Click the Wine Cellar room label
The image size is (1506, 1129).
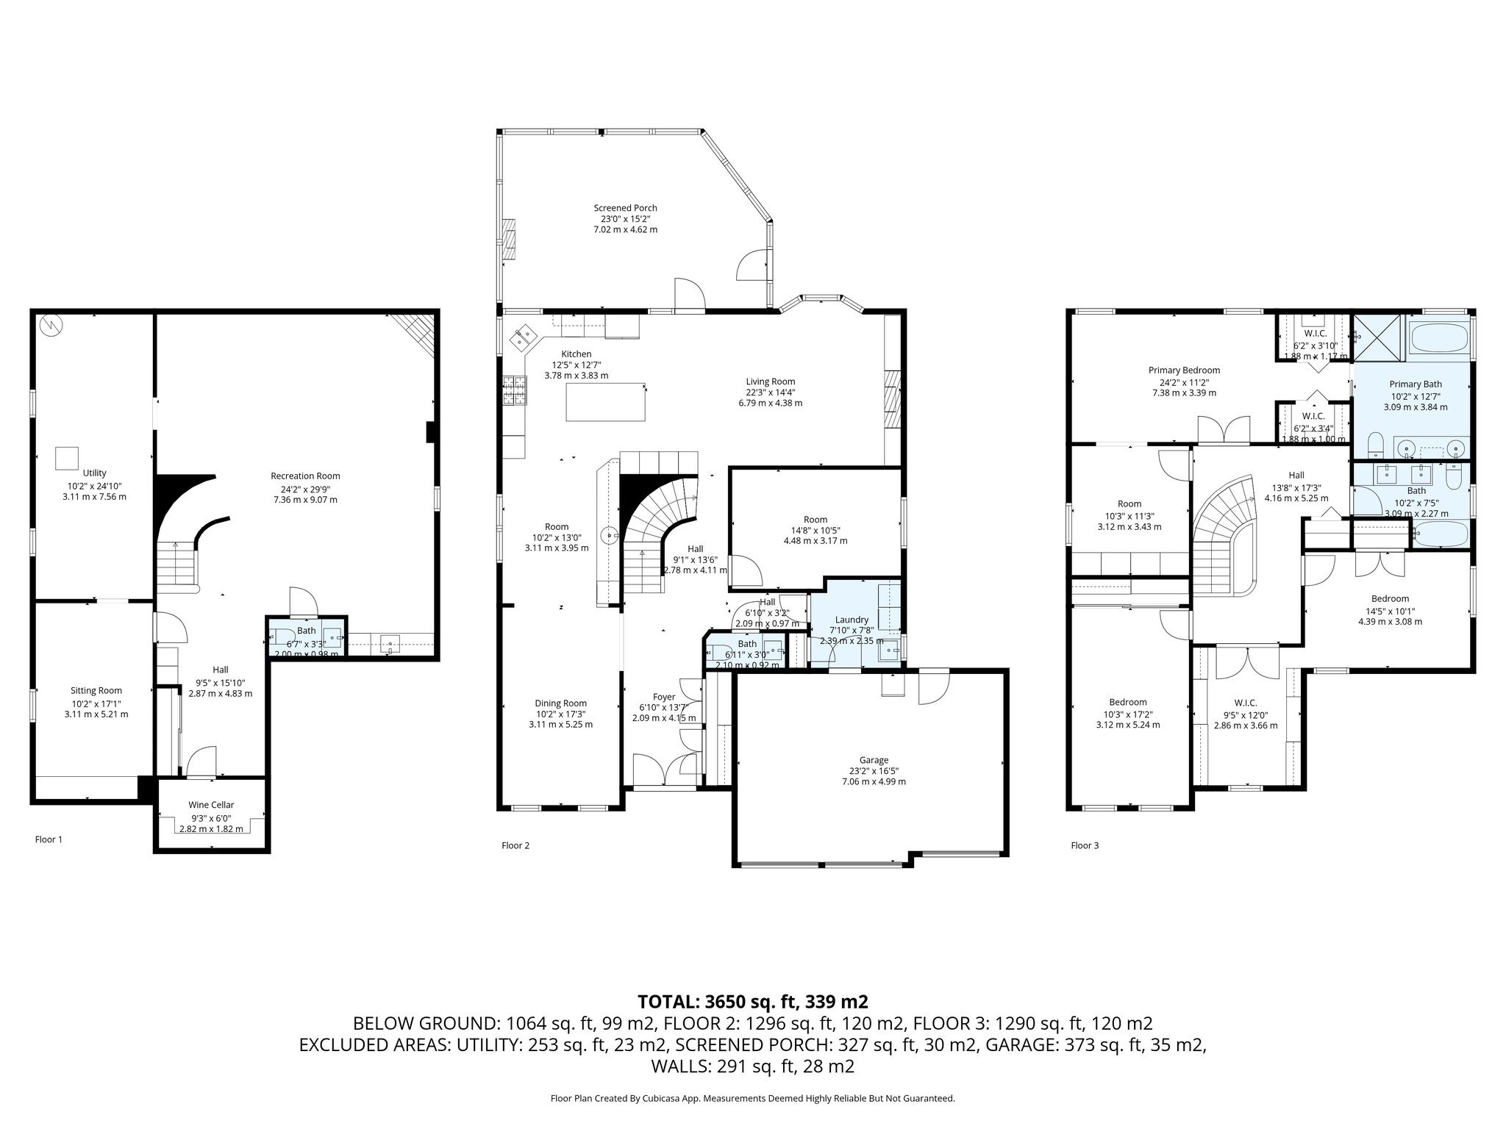(x=211, y=805)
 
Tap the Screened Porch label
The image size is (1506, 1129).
(x=625, y=208)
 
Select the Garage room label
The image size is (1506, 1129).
(x=874, y=760)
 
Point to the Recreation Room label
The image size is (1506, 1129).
(x=305, y=476)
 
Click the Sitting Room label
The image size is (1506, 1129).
(x=96, y=690)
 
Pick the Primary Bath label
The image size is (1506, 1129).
(x=1416, y=384)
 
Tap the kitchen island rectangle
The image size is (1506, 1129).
(x=606, y=402)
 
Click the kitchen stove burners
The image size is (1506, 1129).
(x=515, y=390)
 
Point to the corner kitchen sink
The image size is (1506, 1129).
(x=525, y=337)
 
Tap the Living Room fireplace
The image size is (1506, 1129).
(x=893, y=399)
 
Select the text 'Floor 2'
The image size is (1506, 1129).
(x=515, y=845)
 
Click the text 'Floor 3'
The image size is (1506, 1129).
(x=1085, y=845)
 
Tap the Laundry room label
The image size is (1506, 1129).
(x=852, y=620)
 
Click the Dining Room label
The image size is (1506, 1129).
(x=560, y=703)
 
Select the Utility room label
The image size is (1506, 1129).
(x=95, y=473)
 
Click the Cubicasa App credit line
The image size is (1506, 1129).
(x=752, y=1098)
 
